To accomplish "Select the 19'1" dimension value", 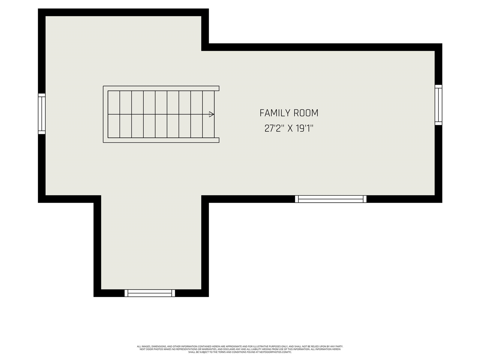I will (304, 129).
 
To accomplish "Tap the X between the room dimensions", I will (290, 129).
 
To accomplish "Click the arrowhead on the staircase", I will (211, 114).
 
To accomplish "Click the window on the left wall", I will (42, 114).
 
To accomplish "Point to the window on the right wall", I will (438, 105).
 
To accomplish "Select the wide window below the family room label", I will (331, 199).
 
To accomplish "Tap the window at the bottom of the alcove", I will (150, 293).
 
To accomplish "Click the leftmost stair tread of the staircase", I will (114, 114).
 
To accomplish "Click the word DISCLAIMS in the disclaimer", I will (227, 349).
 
